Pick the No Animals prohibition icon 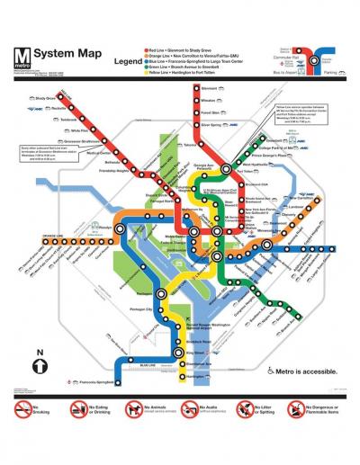(133, 410)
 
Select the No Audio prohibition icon (189, 410)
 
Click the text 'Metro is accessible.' (307, 371)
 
